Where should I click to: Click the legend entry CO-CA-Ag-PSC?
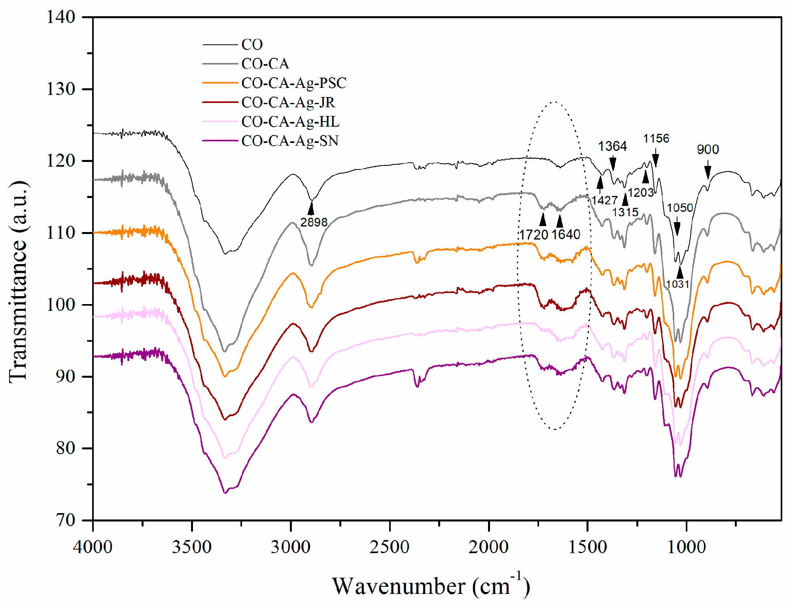pos(293,83)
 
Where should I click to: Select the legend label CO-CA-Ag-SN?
pos(289,141)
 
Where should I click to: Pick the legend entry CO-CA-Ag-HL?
pos(290,122)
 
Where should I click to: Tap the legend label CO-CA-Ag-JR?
pos(288,103)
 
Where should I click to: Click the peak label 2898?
pos(314,223)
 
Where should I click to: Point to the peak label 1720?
pos(534,235)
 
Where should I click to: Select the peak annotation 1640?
pos(566,235)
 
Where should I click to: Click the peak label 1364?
pos(612,146)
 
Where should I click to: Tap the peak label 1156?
pos(656,139)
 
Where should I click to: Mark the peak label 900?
pos(708,150)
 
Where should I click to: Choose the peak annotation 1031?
pos(677,284)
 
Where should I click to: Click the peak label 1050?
pos(679,208)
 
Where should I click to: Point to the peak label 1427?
pos(604,200)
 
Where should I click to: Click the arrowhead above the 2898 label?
pos(311,207)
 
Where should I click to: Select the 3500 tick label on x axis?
pos(191,547)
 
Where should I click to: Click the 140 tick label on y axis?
pos(61,17)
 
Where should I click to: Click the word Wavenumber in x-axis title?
pos(398,586)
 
